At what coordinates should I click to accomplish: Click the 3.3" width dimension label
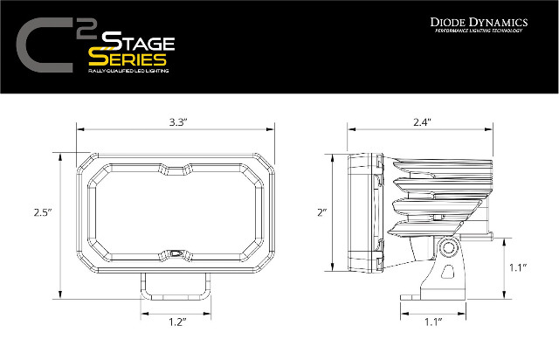point(178,122)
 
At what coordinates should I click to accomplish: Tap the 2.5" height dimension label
point(43,212)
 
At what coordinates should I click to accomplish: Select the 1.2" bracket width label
point(177,322)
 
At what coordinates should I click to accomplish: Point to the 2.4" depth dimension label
point(422,122)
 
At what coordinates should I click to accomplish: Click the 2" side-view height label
point(322,212)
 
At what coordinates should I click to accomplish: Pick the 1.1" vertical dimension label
point(518,267)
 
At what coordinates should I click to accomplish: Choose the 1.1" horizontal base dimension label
point(433,322)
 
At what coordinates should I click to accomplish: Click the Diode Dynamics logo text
point(479,22)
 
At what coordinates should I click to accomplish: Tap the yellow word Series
point(128,59)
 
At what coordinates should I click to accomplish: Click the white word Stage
point(138,41)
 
